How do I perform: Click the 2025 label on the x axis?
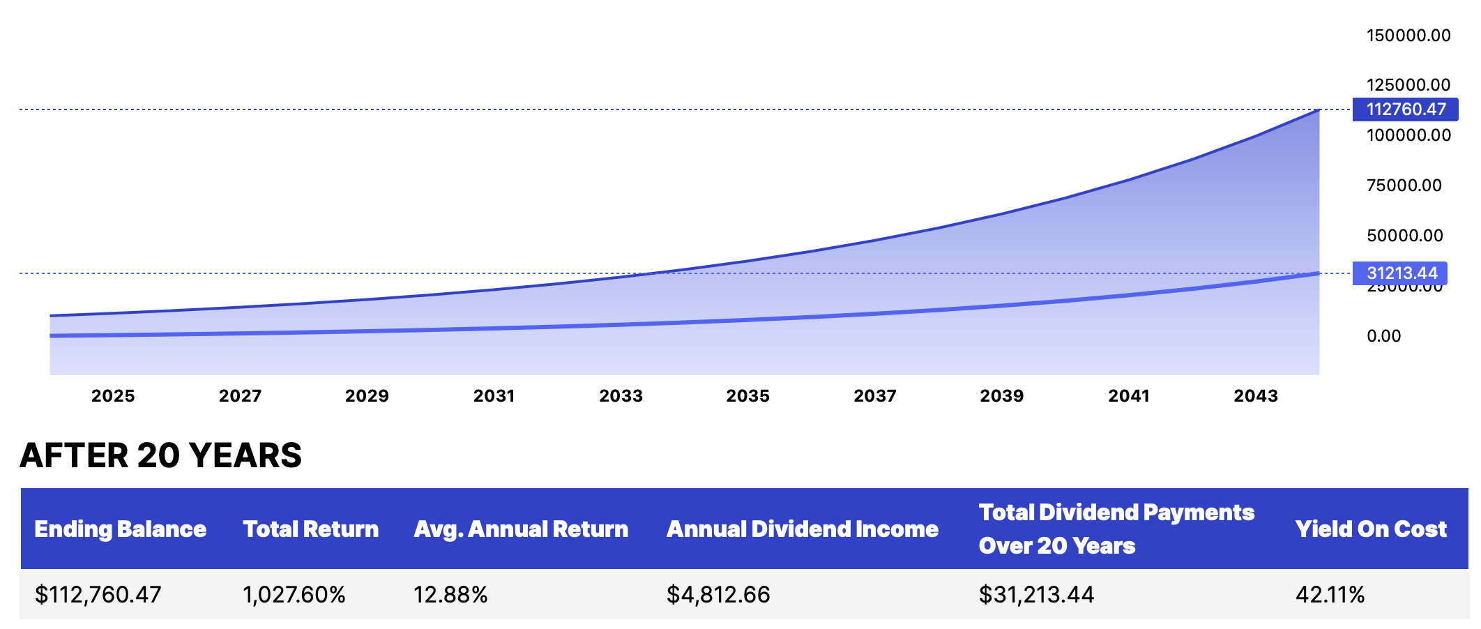click(x=113, y=396)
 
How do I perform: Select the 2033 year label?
click(x=621, y=396)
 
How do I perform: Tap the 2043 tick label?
click(x=1255, y=396)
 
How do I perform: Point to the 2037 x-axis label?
click(x=874, y=396)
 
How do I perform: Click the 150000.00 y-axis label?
click(x=1408, y=36)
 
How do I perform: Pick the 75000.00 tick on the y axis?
click(x=1404, y=185)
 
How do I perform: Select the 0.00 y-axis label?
click(x=1383, y=336)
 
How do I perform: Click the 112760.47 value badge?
click(x=1405, y=109)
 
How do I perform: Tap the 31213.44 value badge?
click(x=1400, y=273)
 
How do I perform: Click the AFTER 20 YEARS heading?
click(x=161, y=455)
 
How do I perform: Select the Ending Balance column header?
click(x=120, y=529)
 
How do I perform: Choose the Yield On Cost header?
click(x=1370, y=529)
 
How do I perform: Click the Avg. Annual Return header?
click(x=520, y=529)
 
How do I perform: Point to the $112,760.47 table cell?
click(x=98, y=595)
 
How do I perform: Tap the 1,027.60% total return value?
click(x=294, y=595)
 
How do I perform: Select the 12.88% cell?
click(x=450, y=595)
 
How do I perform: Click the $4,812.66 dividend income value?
click(x=718, y=595)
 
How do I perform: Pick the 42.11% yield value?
click(x=1330, y=595)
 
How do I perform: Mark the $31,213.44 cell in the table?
click(x=1036, y=595)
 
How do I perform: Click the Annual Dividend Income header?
click(x=802, y=529)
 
